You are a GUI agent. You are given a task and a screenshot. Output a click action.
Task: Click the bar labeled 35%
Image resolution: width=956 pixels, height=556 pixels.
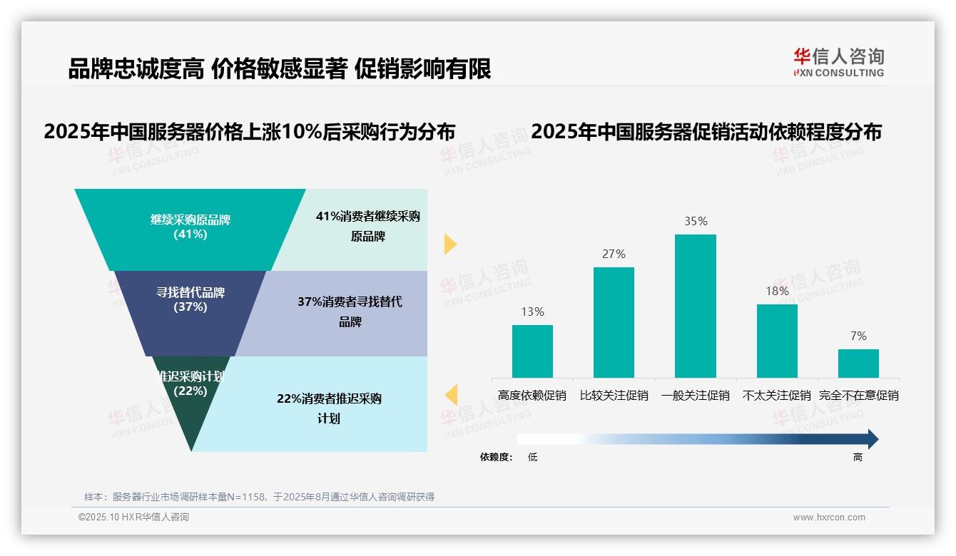pos(695,306)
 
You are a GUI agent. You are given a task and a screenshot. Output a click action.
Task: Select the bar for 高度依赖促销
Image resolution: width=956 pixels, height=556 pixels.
pos(532,351)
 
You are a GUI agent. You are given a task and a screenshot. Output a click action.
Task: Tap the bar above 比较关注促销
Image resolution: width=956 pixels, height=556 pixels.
pos(614,322)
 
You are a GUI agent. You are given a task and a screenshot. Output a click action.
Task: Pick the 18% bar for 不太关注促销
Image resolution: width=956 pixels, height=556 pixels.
pos(777,341)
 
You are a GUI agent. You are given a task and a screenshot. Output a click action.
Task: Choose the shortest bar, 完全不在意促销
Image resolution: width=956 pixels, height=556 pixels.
pos(858,363)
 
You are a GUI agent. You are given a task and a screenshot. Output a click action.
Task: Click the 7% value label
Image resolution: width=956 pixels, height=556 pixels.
pos(858,336)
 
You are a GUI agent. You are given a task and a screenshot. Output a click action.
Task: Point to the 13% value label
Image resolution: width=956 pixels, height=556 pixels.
pos(532,312)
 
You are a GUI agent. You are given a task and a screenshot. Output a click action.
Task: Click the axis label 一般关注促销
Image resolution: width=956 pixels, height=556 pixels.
pos(695,396)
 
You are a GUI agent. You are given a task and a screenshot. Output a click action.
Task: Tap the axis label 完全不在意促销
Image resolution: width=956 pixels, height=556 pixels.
pos(858,396)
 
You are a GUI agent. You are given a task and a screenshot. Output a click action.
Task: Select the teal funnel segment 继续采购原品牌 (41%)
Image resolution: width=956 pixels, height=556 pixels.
pos(190,228)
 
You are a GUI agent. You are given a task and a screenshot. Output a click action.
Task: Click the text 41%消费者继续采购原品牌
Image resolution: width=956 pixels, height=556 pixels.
pos(367,226)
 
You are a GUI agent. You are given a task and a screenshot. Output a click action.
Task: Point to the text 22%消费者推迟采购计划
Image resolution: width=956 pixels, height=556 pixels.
pos(329,408)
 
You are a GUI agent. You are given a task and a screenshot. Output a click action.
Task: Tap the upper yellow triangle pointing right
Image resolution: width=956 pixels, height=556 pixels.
pos(449,244)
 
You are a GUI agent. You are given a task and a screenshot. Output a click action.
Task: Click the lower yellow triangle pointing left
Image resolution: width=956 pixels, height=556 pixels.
pos(451,395)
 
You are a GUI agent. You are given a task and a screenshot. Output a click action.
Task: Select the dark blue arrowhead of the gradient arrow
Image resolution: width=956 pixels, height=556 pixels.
pos(872,439)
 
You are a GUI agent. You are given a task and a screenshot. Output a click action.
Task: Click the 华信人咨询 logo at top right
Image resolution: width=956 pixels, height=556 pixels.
pos(838,62)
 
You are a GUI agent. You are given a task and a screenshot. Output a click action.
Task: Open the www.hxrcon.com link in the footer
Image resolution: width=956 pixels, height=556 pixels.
pos(828,518)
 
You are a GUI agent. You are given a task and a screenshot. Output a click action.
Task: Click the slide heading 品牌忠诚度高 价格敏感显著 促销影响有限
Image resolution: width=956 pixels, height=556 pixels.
pos(279,69)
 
